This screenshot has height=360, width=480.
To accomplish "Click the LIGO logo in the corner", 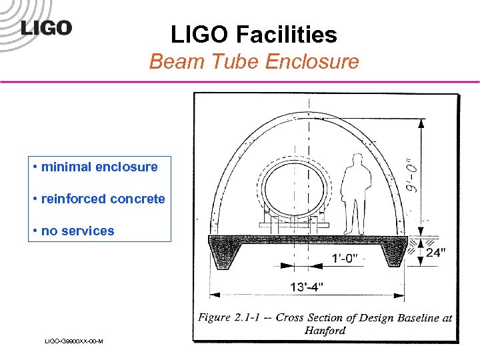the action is [45, 28].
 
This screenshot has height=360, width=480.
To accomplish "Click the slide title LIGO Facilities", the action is [253, 34].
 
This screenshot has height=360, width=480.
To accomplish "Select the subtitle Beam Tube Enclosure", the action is [254, 62].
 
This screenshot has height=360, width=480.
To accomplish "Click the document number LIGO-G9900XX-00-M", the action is [73, 341].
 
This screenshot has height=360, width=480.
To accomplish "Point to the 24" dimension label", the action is [437, 253].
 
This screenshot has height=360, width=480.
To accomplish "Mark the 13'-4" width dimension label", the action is [307, 287].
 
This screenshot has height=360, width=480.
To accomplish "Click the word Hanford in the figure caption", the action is [325, 331].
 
